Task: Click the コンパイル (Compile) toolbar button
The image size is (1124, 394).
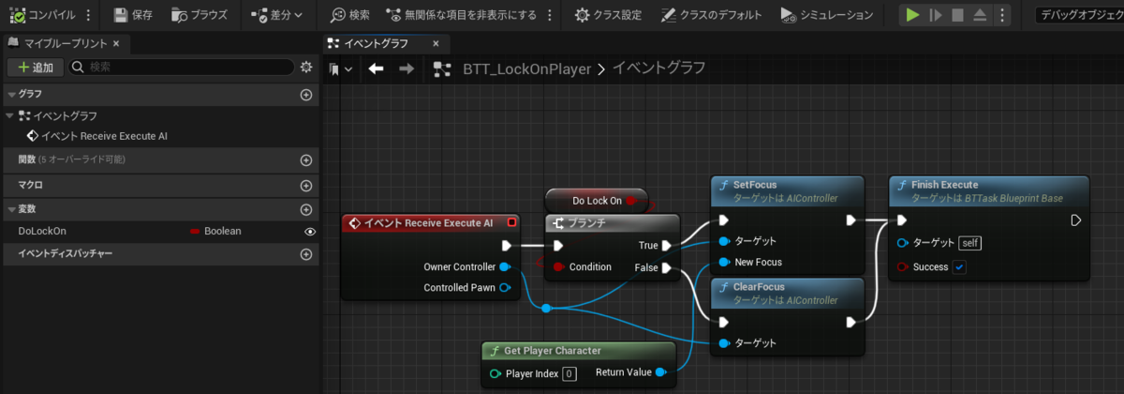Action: click(x=42, y=15)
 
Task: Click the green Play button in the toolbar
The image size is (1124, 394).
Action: click(x=912, y=15)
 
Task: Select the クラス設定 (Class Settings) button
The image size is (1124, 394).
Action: click(x=608, y=15)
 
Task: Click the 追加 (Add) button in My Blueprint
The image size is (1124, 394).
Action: click(x=36, y=68)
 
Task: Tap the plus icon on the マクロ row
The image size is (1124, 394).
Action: click(x=306, y=186)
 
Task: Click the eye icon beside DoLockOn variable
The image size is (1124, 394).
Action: click(x=310, y=232)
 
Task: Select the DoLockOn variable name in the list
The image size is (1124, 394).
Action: click(x=42, y=231)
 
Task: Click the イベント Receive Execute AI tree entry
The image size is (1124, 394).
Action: click(x=97, y=136)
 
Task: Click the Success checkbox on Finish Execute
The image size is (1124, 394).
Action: click(x=959, y=267)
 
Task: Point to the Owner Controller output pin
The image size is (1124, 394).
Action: click(x=505, y=266)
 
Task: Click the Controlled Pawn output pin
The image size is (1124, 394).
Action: click(x=505, y=288)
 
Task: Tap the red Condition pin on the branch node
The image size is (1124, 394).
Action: click(x=558, y=266)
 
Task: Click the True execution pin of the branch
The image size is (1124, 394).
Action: click(x=666, y=245)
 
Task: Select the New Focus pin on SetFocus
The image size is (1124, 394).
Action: click(x=724, y=262)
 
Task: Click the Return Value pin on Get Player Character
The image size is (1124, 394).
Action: click(x=661, y=372)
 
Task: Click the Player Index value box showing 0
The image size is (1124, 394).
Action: click(x=569, y=374)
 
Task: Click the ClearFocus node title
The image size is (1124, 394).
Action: click(x=759, y=287)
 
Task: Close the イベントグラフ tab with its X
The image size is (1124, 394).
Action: click(x=436, y=44)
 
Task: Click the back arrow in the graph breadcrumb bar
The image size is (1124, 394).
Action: click(x=376, y=68)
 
